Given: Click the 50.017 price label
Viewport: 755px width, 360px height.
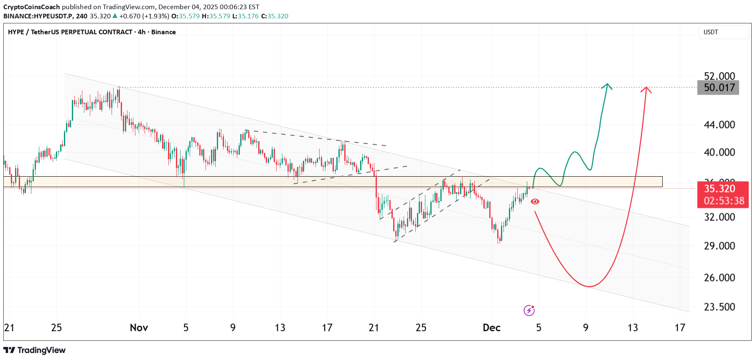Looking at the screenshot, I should point(718,88).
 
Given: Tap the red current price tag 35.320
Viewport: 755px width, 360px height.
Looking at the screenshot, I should point(719,189).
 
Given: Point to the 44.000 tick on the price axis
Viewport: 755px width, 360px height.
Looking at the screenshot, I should point(719,124).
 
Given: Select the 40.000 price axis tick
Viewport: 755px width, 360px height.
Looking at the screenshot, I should point(719,152).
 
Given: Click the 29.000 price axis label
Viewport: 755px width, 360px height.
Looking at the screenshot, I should point(719,246).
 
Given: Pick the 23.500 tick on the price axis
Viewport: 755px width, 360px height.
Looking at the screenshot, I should point(719,307).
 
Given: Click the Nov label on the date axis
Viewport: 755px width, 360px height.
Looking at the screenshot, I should point(139,328).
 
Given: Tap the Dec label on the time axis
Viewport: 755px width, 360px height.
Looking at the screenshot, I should point(491,328).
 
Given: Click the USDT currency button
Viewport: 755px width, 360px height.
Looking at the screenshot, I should point(711,32).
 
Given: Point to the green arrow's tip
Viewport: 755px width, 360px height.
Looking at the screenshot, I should point(607,84).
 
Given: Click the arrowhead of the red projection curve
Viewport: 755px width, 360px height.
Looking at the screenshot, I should point(646,87).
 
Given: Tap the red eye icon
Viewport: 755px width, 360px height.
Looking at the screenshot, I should point(535,202).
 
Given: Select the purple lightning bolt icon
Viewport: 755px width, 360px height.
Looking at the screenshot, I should point(529,310).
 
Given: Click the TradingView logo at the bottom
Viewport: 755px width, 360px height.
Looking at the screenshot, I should point(35,350).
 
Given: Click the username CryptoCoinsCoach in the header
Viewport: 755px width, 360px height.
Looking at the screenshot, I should point(32,7).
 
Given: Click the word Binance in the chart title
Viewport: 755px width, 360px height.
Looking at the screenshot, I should point(163,32).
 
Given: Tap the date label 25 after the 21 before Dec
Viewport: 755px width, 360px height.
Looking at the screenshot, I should point(421,328).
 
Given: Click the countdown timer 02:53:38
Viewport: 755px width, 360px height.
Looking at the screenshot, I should point(724,201).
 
